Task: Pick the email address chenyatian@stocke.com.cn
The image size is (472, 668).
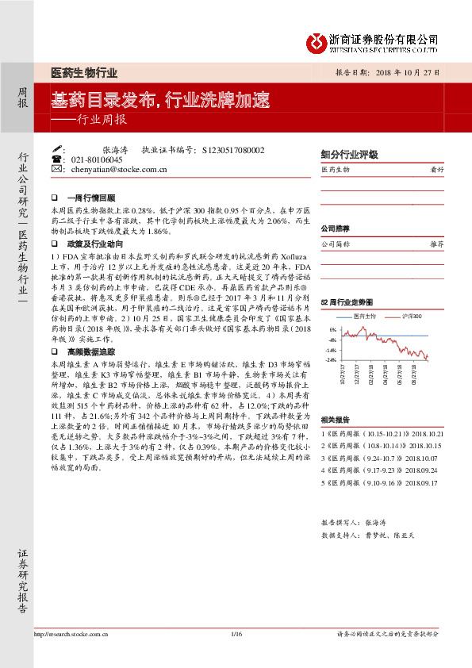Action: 118,169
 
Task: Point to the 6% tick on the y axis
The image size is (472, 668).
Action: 332,328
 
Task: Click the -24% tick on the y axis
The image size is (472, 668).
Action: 331,360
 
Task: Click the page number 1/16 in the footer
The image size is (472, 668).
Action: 236,633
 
